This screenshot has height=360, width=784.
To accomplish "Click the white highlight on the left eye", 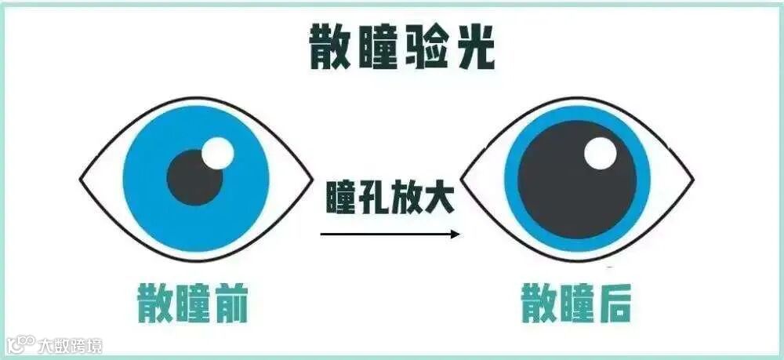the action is point(217,152).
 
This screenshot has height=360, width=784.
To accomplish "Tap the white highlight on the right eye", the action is point(601,153).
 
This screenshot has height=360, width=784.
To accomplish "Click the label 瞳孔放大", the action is point(389,198).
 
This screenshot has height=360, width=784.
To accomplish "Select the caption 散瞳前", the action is point(192,304).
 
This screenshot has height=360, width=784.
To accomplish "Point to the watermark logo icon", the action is point(22,344).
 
